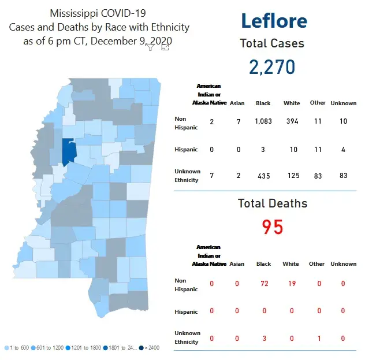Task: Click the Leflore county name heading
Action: tap(274, 21)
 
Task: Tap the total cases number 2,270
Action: tap(272, 66)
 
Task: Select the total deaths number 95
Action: tap(273, 227)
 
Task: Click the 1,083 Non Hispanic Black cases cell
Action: tap(263, 121)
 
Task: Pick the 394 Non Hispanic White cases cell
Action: tap(292, 121)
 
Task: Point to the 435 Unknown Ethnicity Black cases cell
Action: tap(263, 176)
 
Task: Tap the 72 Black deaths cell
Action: tap(263, 283)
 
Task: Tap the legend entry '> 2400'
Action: tap(151, 347)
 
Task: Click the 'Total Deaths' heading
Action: tap(273, 203)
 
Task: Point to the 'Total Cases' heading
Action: tap(272, 43)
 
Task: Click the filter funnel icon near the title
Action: tap(150, 47)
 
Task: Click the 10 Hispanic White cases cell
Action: tap(293, 150)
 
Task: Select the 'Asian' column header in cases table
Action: tap(237, 103)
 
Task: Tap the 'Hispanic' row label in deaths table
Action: tap(186, 311)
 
